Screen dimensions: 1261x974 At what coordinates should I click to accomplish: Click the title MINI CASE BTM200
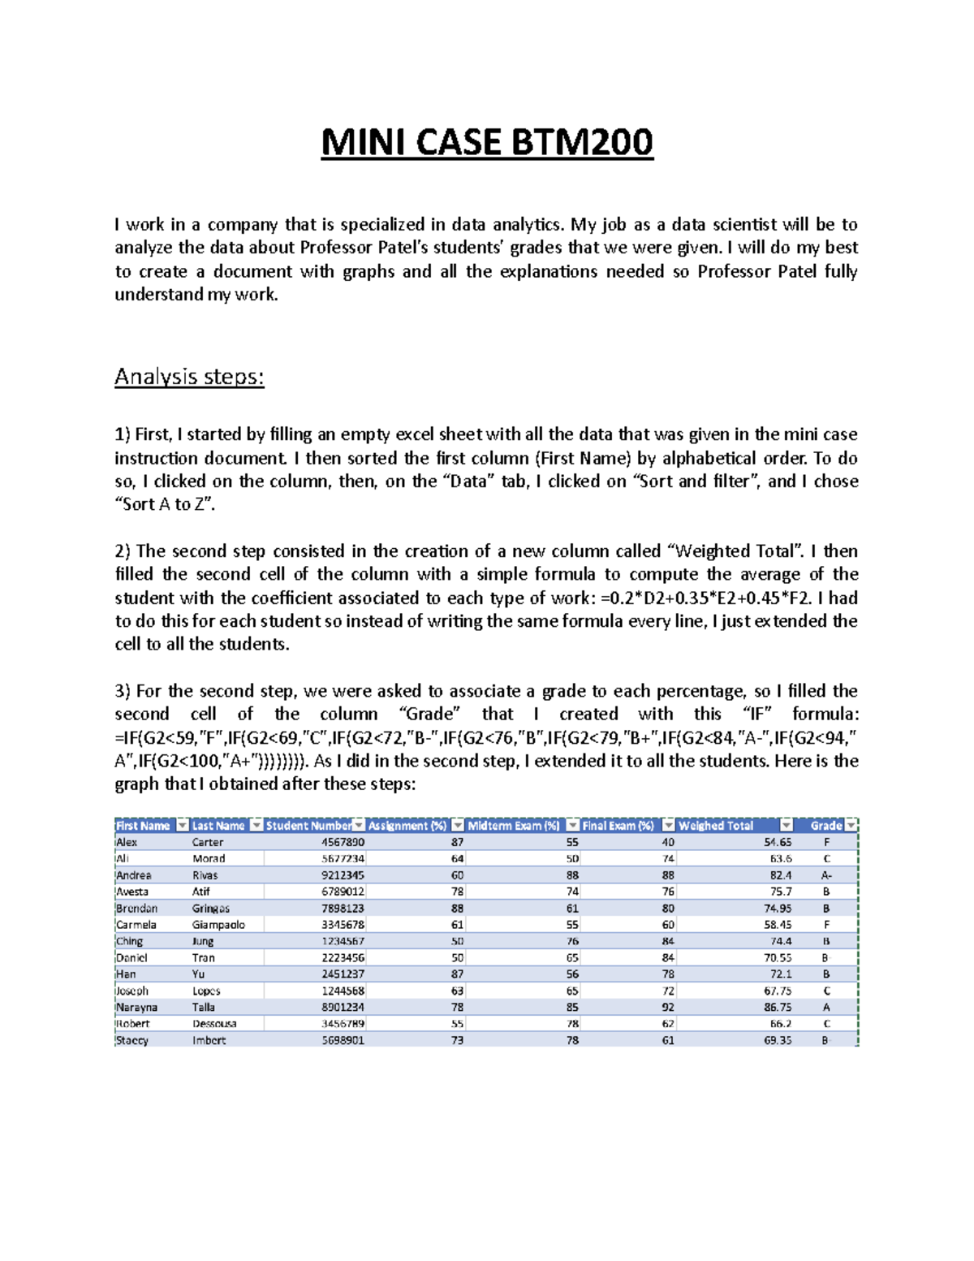[x=487, y=143]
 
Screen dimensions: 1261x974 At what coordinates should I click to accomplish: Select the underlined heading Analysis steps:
[x=189, y=377]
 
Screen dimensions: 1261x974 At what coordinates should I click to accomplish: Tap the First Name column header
[x=143, y=826]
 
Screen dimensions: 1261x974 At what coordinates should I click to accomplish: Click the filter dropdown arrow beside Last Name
[x=256, y=826]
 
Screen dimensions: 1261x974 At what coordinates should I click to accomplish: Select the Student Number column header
[x=308, y=826]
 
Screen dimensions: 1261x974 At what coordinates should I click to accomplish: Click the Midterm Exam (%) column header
[x=513, y=826]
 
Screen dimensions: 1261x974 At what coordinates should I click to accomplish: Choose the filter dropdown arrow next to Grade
[x=851, y=826]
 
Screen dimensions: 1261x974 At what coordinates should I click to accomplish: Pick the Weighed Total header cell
[x=716, y=826]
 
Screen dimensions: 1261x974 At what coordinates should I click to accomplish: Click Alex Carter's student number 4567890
[x=343, y=843]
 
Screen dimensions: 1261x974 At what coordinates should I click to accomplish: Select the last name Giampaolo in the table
[x=218, y=925]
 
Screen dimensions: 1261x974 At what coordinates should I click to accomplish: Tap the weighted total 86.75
[x=778, y=1008]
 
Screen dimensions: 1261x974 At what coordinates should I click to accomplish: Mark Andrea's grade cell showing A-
[x=826, y=875]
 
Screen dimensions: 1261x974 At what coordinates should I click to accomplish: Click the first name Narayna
[x=136, y=1008]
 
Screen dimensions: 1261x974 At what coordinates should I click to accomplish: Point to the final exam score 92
[x=667, y=1008]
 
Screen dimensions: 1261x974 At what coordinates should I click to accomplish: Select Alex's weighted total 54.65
[x=778, y=843]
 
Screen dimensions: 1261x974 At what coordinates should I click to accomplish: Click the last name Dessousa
[x=214, y=1024]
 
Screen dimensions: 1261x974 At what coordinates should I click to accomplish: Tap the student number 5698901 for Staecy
[x=343, y=1040]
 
